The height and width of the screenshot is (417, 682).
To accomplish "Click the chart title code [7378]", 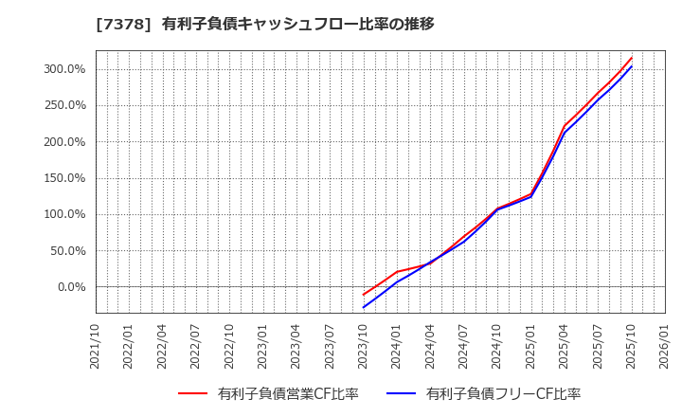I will point(117,24).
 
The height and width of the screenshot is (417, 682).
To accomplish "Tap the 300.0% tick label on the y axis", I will point(64,69).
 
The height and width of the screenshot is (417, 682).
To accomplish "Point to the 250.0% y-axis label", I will point(64,106).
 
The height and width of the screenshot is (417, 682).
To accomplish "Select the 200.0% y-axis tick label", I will point(64,142).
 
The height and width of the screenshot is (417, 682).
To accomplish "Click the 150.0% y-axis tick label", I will point(64,178).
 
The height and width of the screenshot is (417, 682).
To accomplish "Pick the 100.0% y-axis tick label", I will point(64,214).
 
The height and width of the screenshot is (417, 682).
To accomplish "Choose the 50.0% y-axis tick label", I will point(67,251).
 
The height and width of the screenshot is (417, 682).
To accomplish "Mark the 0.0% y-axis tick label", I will point(71,287).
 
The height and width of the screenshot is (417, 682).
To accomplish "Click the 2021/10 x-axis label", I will point(95,345).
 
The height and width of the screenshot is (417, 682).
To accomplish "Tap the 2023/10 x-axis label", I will point(364,345).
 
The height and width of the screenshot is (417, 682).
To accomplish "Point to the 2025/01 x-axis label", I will point(531,345).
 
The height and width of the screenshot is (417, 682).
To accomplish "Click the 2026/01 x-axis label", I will point(665,345).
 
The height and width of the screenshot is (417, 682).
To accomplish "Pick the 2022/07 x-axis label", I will point(196,345).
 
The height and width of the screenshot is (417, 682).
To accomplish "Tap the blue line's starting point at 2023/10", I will point(364,307).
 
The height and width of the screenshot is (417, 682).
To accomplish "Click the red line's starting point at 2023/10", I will point(364,295).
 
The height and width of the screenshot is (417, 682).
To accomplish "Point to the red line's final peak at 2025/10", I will point(632,57).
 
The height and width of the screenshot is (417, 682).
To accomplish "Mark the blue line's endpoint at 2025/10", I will point(632,65).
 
